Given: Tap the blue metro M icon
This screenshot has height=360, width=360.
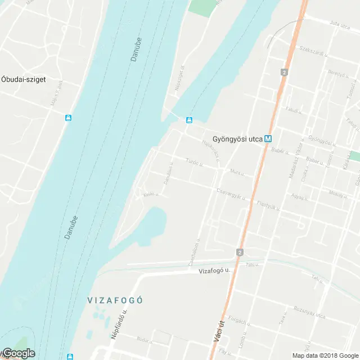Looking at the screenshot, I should [x=268, y=137].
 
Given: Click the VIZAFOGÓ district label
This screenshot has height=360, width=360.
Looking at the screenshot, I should [x=115, y=300].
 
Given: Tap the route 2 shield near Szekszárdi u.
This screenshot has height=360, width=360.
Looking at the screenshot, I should [x=285, y=72].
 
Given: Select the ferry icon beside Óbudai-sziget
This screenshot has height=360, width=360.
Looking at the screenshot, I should [x=68, y=118].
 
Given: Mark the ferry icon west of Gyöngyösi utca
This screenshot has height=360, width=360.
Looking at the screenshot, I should [x=190, y=120].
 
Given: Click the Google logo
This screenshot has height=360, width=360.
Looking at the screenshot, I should [x=18, y=353].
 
